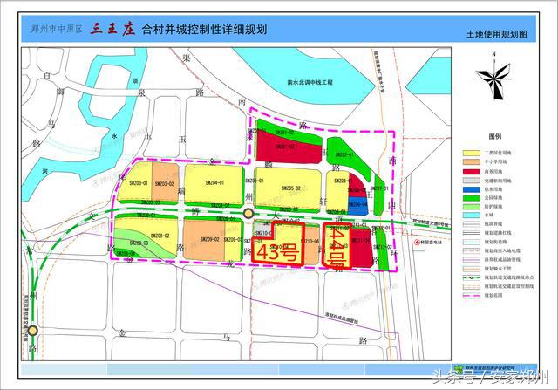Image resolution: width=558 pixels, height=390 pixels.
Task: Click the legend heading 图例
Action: point(495,137)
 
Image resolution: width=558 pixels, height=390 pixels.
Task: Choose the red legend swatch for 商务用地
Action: point(471,172)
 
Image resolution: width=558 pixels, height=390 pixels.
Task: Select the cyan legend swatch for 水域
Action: point(471,214)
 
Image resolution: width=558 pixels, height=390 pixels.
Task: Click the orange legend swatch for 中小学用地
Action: point(471,163)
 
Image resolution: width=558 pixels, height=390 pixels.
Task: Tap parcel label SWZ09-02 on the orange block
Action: point(209,238)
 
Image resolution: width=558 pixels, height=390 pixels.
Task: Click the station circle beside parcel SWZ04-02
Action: point(248,213)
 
